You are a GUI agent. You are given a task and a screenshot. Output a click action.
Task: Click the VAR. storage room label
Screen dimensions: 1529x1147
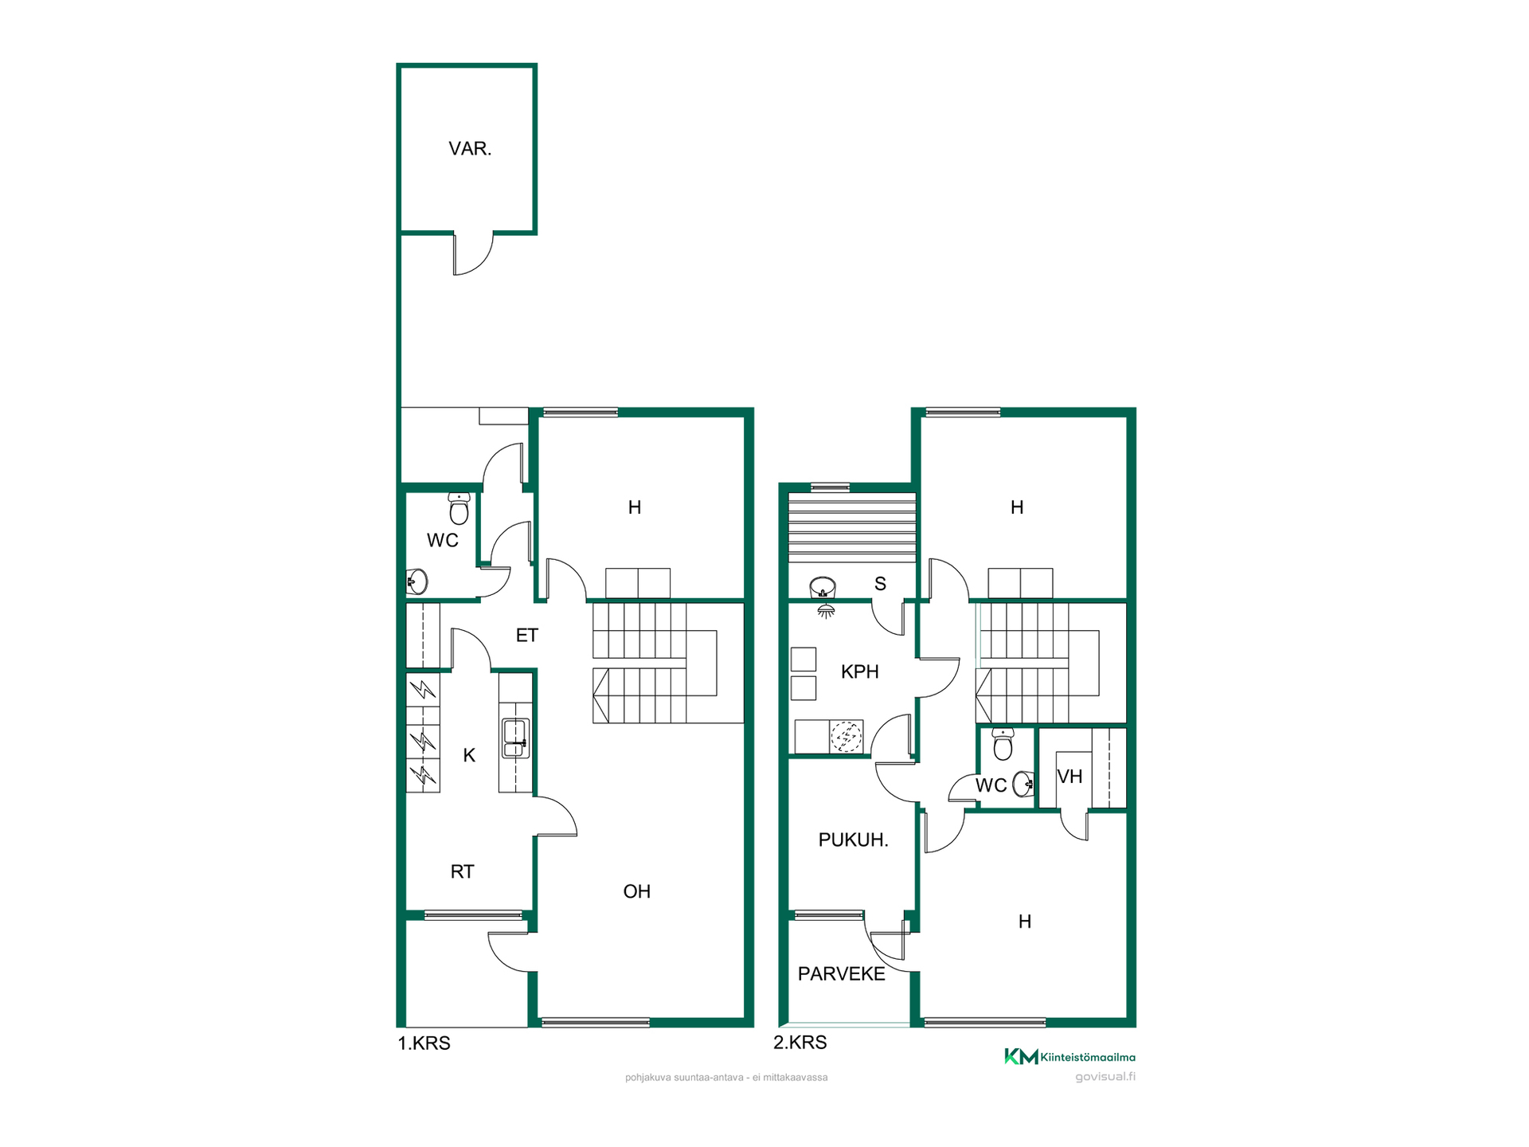[x=470, y=149]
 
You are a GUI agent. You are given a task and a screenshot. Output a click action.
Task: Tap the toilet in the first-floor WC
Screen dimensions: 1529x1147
[x=459, y=508]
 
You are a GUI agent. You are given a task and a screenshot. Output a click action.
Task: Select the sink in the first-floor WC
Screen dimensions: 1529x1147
[x=417, y=581]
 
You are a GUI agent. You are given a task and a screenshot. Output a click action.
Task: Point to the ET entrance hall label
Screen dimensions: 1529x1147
[x=527, y=635]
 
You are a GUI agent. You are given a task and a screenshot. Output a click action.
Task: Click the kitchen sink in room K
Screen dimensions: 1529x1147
[x=515, y=738]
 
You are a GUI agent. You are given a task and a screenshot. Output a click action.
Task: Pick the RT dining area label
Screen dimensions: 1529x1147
[x=462, y=871]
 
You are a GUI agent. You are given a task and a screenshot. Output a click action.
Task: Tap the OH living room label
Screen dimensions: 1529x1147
[x=637, y=891]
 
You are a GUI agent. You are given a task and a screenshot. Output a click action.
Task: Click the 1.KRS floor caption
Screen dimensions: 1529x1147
[x=424, y=1043]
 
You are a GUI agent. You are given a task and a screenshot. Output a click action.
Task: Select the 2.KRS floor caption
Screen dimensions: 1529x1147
[x=800, y=1043]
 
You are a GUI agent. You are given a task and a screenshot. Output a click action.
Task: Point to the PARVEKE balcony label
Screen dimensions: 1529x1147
[x=842, y=974]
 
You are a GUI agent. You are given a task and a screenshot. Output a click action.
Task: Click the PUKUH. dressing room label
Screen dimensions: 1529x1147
[x=854, y=840]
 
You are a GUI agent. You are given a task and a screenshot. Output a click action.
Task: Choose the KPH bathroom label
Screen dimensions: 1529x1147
[x=860, y=671]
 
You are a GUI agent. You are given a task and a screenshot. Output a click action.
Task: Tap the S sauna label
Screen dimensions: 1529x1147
[x=880, y=584]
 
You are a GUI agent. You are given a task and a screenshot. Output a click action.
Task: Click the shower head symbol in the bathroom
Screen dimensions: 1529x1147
[x=826, y=611]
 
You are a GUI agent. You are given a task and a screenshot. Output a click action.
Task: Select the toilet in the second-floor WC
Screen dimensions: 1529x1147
[x=1003, y=744]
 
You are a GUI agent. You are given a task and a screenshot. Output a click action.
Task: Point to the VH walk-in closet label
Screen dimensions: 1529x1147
[x=1070, y=776]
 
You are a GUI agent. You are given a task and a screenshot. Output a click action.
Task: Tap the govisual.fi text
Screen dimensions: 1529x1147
[x=1105, y=1077]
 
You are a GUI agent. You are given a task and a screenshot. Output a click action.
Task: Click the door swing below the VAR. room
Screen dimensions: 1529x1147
[x=474, y=254]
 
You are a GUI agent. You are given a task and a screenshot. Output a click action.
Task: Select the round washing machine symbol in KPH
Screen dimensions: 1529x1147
[x=847, y=737]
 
